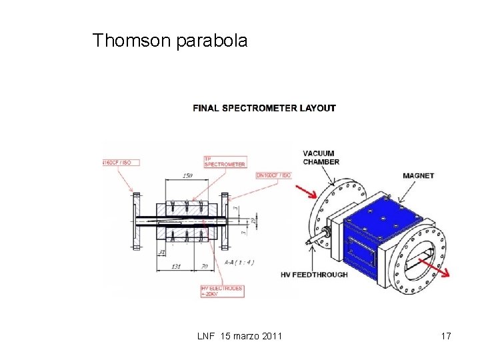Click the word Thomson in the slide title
[x=132, y=41]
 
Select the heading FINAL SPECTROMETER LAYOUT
[x=264, y=108]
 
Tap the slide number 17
[x=446, y=336]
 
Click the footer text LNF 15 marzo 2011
[x=240, y=336]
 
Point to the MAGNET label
[x=418, y=176]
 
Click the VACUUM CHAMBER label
[x=321, y=157]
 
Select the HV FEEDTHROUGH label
[x=313, y=275]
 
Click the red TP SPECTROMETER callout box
[x=225, y=161]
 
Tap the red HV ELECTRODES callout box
[x=221, y=291]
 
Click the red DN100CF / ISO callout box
[x=273, y=175]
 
